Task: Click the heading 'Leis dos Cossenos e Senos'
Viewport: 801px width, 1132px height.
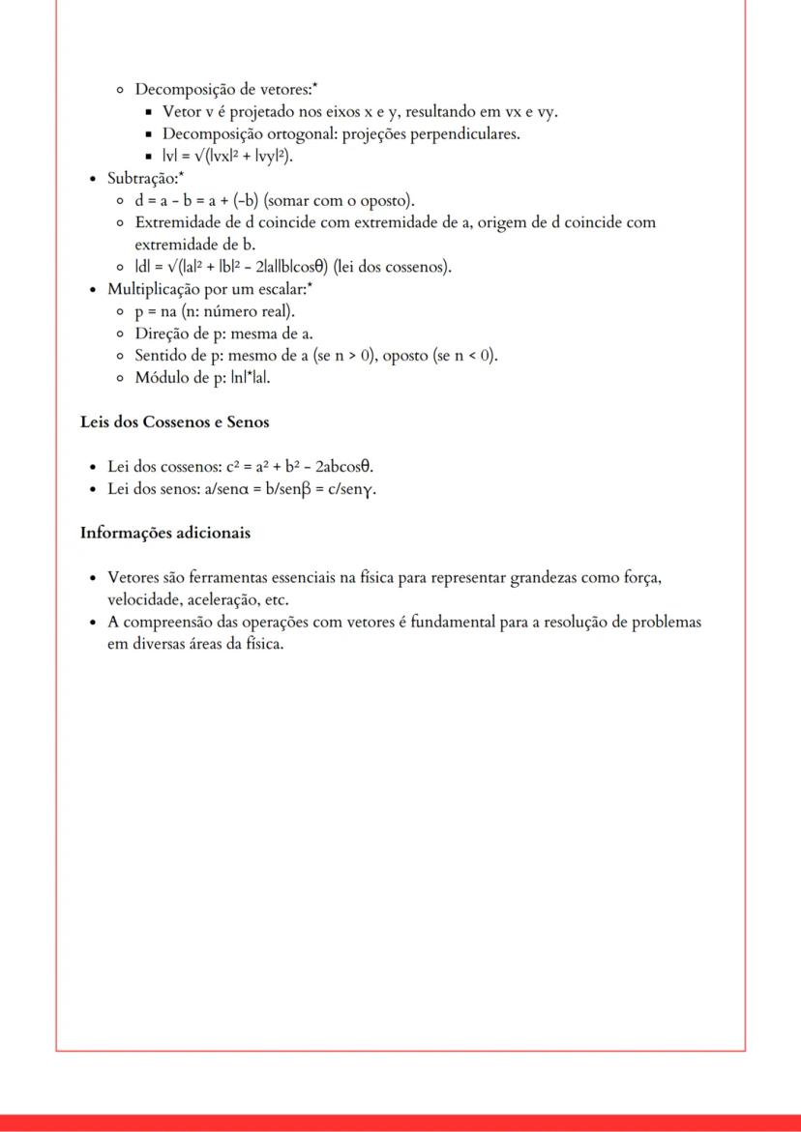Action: [x=174, y=422]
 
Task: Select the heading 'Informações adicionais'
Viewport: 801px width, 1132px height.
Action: [x=164, y=533]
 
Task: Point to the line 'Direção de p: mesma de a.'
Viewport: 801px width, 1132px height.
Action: [x=223, y=334]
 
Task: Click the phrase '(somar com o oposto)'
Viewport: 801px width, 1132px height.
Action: [x=340, y=201]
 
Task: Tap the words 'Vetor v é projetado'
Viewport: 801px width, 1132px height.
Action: [x=226, y=112]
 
